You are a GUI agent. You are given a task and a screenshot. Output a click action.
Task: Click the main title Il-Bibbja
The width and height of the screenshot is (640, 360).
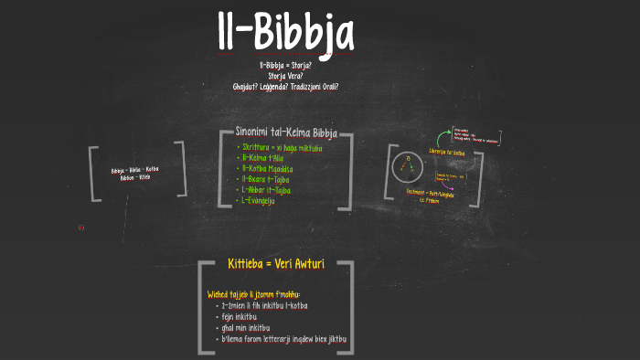pos(284,35)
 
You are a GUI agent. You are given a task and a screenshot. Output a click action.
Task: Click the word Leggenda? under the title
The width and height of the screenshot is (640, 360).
pos(284,87)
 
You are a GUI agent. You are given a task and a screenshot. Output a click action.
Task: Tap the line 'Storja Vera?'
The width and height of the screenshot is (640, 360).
pos(285,77)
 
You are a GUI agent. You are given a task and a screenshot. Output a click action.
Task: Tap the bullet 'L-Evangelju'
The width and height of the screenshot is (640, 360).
pos(261,200)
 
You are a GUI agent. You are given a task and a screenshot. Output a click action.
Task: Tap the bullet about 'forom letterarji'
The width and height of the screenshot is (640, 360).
pos(284,339)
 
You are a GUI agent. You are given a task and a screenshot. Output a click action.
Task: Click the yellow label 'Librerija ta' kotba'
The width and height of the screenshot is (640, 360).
pos(447,153)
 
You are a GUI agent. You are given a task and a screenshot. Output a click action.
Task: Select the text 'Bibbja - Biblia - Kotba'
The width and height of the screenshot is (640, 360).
pos(135,171)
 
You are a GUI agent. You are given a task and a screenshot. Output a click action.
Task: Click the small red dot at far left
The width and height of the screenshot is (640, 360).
pos(80,228)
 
